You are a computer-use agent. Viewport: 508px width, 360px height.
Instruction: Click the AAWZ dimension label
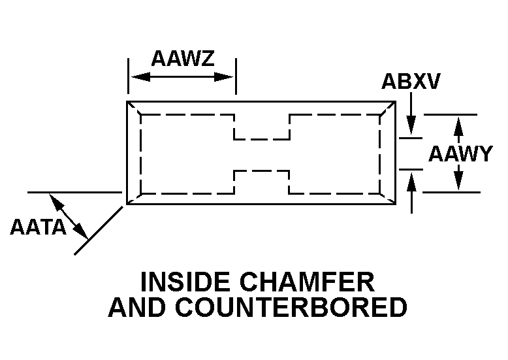tap(182, 59)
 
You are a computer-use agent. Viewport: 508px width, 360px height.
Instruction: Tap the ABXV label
tap(411, 82)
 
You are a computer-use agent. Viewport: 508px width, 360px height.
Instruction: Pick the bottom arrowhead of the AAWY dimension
tap(459, 184)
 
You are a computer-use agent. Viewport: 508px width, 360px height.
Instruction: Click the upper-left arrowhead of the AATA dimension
tap(56, 201)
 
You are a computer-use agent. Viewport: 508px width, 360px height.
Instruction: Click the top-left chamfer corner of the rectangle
tap(133, 108)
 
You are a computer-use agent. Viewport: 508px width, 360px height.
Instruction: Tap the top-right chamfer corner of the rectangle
tap(388, 108)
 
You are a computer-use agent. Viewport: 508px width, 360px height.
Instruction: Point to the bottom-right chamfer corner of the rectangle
tap(388, 199)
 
